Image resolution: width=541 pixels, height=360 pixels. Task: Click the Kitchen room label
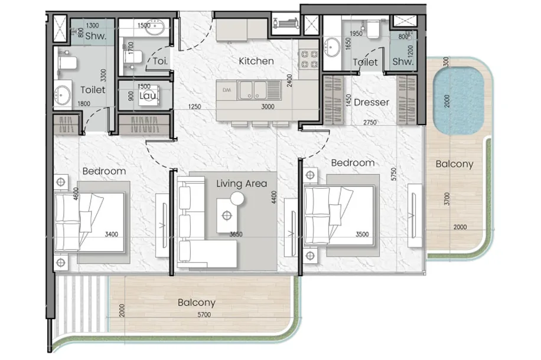256,61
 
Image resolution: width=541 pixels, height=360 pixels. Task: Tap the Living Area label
242,184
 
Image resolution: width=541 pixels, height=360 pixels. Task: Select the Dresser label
371,102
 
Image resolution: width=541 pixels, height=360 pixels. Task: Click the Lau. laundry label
148,96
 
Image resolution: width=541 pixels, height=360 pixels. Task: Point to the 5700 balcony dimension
204,315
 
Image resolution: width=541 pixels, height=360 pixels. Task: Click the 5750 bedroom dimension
394,174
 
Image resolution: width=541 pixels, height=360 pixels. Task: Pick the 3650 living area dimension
236,234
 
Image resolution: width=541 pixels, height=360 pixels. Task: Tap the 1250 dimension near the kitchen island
194,107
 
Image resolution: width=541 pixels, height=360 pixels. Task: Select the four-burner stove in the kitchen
308,59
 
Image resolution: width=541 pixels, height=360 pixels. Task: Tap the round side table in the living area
237,199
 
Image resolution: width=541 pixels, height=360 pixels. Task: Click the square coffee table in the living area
227,215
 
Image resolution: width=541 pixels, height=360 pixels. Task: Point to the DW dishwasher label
227,90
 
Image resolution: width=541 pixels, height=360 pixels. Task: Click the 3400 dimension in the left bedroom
112,234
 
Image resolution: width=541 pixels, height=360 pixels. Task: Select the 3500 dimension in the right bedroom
362,234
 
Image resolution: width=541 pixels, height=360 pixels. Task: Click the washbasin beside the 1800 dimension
62,94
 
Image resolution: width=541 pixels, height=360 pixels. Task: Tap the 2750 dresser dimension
370,122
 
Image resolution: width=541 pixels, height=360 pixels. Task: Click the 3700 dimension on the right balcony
447,199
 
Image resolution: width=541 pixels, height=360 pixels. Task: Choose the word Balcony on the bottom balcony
197,303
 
